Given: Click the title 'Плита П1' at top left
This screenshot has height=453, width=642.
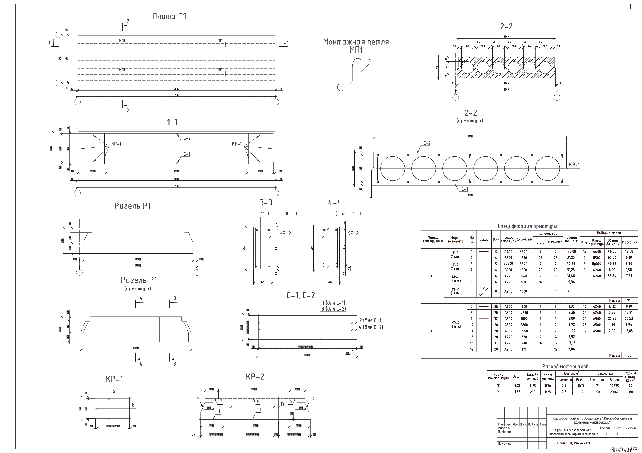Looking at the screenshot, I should (x=169, y=16).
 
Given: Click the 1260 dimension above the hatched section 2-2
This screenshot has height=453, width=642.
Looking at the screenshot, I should (x=506, y=37).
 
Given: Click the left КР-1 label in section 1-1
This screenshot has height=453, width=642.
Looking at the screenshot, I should (x=116, y=144).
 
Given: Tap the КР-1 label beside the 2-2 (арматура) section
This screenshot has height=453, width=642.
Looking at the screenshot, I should (x=574, y=165).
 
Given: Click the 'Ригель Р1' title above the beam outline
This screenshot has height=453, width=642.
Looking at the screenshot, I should (x=133, y=206).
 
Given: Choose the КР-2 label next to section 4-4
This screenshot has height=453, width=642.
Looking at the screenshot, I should (x=353, y=233).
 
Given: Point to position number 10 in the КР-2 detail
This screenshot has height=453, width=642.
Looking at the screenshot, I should (x=259, y=410).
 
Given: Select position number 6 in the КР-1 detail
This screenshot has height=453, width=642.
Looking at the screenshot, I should (x=133, y=405).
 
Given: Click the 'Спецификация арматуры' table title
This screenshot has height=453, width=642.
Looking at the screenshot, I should (x=527, y=226).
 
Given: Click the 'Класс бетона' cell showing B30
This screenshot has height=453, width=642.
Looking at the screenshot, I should (x=548, y=386).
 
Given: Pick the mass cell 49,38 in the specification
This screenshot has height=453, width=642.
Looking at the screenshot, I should (x=629, y=252).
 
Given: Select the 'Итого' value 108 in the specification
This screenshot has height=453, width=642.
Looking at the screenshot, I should (x=629, y=356).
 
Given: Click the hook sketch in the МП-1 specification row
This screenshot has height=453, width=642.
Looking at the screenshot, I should (x=484, y=291).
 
